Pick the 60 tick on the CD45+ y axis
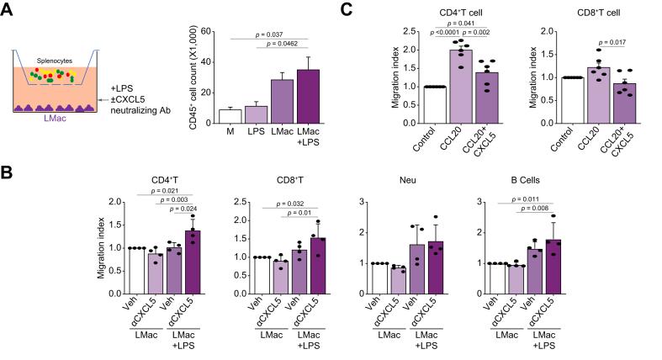(207, 31)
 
